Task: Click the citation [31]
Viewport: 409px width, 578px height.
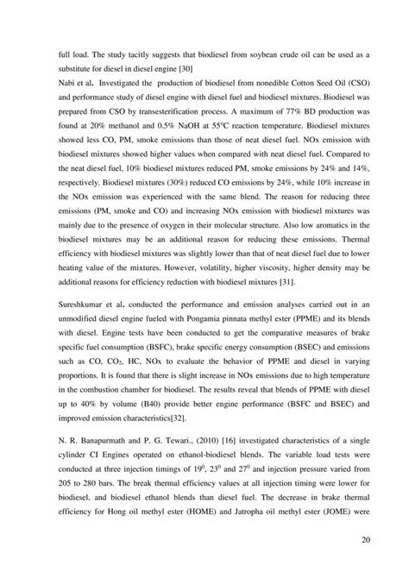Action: (310, 281)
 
